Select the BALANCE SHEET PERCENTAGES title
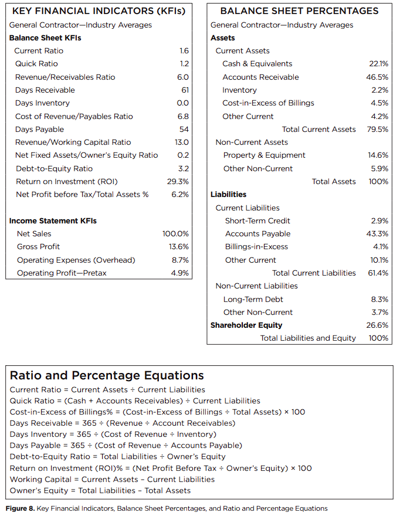pos(299,11)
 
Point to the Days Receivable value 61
pos(184,90)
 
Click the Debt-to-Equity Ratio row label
pos(54,168)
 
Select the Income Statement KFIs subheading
pos(53,220)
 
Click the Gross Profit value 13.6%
pos(178,246)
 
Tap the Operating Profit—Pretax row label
pos(62,273)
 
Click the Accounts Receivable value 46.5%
pos(377,77)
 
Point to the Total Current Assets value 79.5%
pos(377,129)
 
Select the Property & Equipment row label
pos(264,155)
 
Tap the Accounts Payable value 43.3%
pos(377,233)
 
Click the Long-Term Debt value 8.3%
pos(379,299)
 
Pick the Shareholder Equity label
pos(246,325)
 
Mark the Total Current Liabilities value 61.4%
pos(377,273)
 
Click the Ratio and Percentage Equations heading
pos(107,375)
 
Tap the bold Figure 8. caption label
pos(20,508)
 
